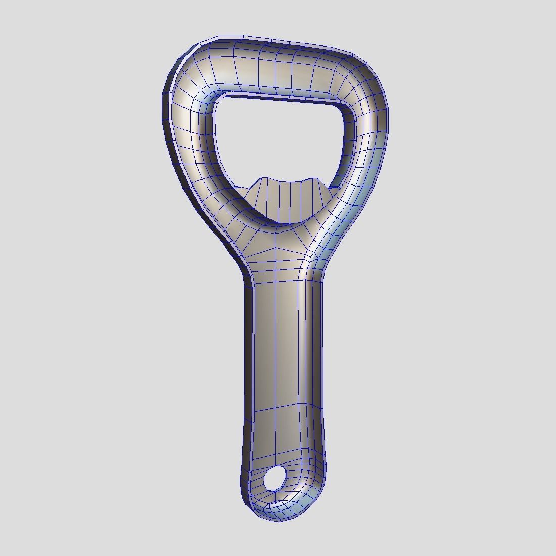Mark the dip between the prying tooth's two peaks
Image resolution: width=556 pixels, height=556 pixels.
(289, 182)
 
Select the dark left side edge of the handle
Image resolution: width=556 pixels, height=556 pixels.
(249, 354)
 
